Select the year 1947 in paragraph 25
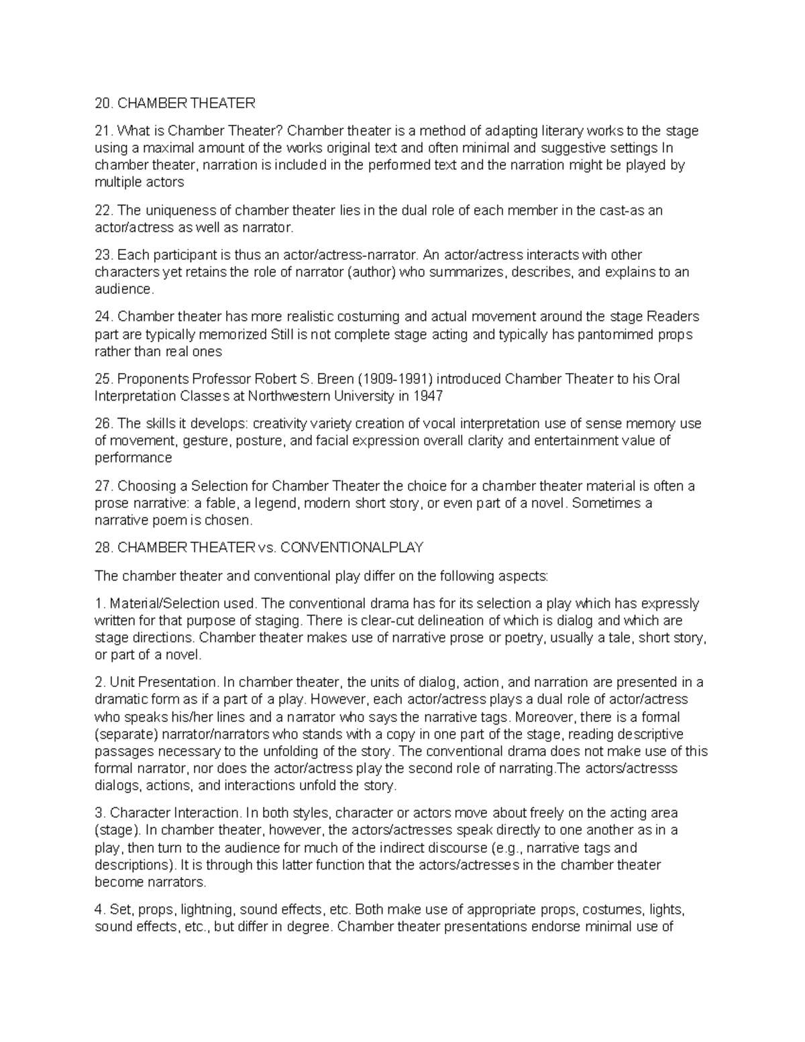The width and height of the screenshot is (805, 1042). click(429, 396)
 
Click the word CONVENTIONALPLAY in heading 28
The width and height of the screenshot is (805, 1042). click(352, 548)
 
